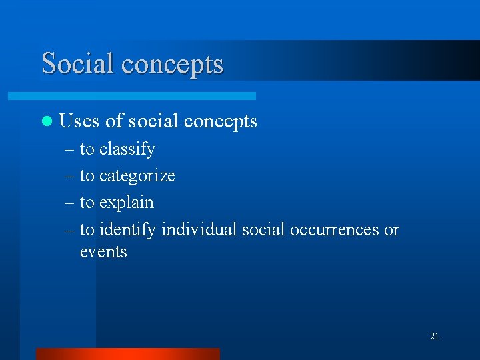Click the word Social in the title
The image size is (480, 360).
click(x=77, y=63)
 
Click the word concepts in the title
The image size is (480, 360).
click(x=172, y=65)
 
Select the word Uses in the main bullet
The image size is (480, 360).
click(x=79, y=121)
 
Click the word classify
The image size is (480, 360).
click(x=127, y=149)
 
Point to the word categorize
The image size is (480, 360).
click(x=137, y=176)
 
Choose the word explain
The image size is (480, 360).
click(x=126, y=203)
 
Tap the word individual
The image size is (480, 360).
click(x=199, y=230)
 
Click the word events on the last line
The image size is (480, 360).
click(x=103, y=252)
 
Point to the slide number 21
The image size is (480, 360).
click(x=434, y=337)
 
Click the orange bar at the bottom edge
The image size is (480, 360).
click(x=127, y=354)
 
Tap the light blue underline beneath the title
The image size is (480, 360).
click(x=147, y=96)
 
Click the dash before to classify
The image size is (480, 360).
click(x=70, y=149)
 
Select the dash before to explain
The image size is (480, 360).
click(x=70, y=203)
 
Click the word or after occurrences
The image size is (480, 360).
click(x=391, y=230)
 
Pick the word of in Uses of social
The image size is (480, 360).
click(x=115, y=121)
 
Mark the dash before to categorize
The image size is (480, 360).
click(x=70, y=176)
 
